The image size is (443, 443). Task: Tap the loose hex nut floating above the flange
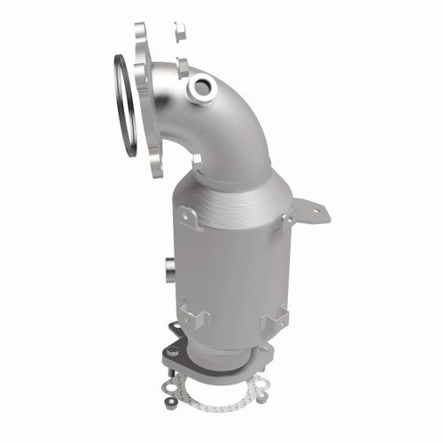tap(181, 32)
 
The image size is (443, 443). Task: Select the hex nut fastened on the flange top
tap(182, 66)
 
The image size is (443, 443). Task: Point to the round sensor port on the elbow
tap(199, 87)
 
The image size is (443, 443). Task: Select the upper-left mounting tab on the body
tap(188, 215)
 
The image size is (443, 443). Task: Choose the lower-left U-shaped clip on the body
tap(193, 315)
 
